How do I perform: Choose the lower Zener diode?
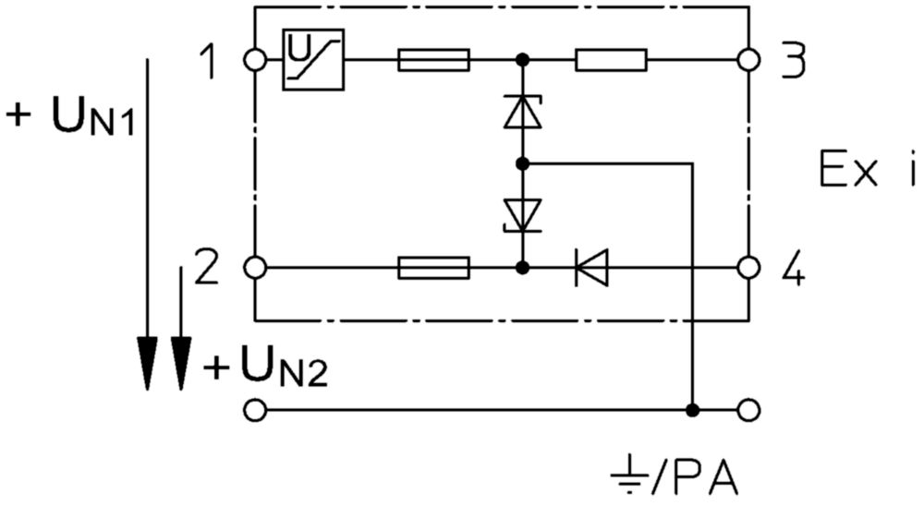click(x=522, y=215)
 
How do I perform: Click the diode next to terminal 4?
click(x=591, y=268)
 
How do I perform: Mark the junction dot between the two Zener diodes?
click(x=522, y=163)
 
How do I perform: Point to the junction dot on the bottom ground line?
click(x=693, y=410)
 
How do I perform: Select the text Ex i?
click(x=868, y=170)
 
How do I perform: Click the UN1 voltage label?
click(x=71, y=115)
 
